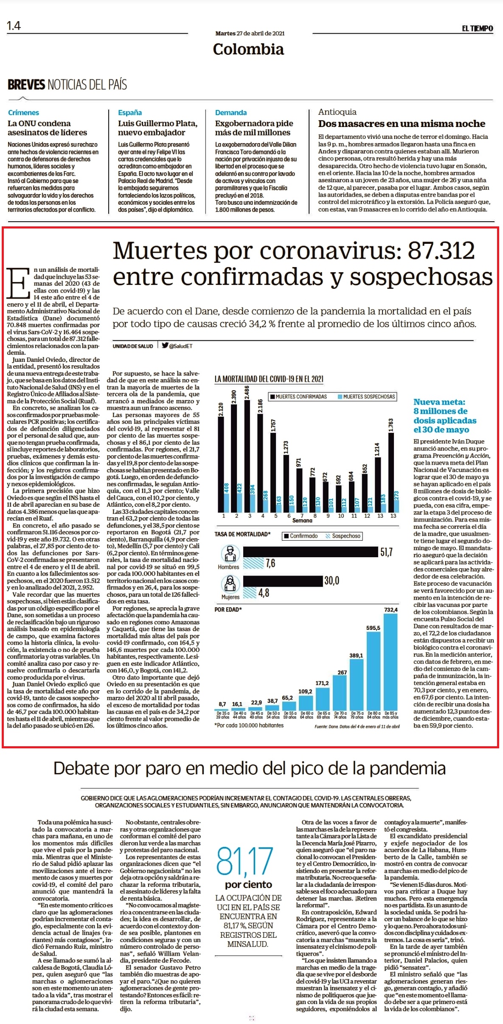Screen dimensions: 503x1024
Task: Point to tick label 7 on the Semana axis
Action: [x=302, y=516]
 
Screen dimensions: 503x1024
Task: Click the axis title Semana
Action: [x=302, y=520]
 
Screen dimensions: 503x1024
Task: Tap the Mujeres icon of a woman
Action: [x=230, y=583]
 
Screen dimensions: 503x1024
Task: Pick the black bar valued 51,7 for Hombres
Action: [x=310, y=552]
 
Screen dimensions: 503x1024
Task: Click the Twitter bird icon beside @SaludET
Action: [x=165, y=345]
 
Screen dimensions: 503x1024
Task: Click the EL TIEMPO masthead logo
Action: [x=478, y=28]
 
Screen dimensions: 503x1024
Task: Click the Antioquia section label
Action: [x=337, y=112]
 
